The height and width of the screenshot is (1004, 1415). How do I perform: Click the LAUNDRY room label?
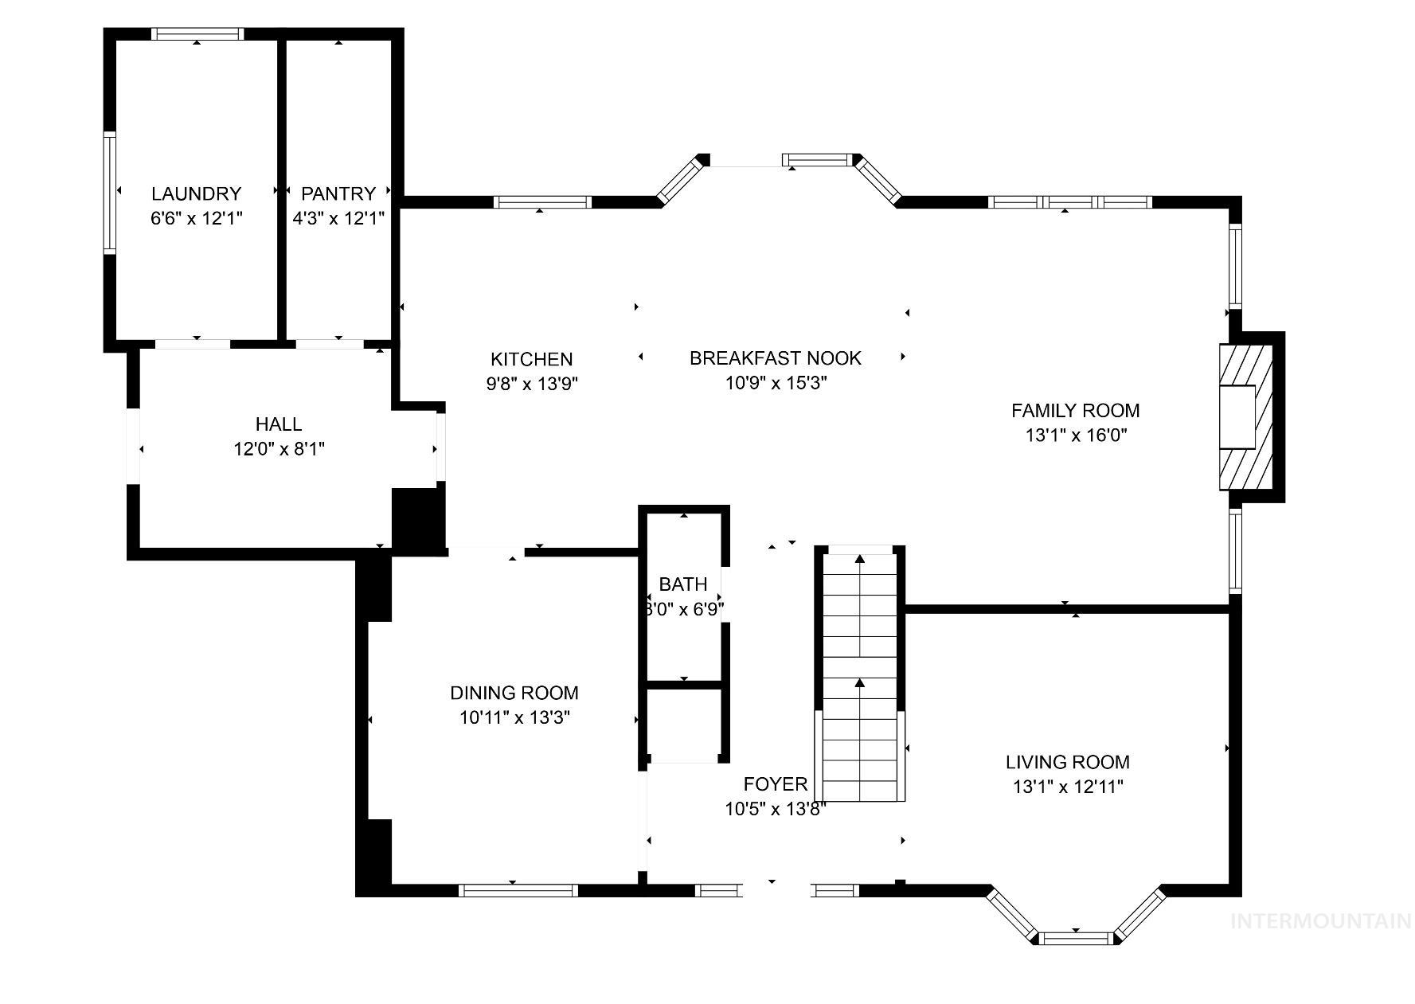tap(196, 193)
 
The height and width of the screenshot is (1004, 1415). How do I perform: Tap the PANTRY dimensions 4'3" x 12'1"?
tap(338, 218)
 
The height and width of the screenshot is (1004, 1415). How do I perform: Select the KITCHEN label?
tap(531, 359)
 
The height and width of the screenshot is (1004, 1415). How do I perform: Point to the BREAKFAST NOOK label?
tap(775, 358)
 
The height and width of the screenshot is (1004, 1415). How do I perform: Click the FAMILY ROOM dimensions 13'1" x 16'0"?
tap(1076, 436)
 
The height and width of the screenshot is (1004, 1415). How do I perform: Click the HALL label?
tap(279, 424)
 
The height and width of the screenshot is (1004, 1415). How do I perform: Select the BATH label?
tap(683, 584)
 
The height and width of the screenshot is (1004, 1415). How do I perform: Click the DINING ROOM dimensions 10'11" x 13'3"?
tap(514, 717)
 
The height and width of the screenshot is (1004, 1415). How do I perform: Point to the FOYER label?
tap(775, 784)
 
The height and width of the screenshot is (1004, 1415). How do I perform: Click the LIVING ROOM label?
tap(1067, 763)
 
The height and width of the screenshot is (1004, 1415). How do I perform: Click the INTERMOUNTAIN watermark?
tap(1321, 922)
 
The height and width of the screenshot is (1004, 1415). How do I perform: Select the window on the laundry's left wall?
tap(110, 193)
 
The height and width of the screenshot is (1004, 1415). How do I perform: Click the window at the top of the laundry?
tap(197, 33)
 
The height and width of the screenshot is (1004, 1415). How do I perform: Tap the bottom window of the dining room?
tap(518, 890)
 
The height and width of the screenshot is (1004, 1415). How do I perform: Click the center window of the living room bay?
tap(1076, 938)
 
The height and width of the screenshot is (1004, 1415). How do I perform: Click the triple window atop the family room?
tap(1069, 202)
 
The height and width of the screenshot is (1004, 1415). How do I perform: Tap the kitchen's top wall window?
tap(542, 202)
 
